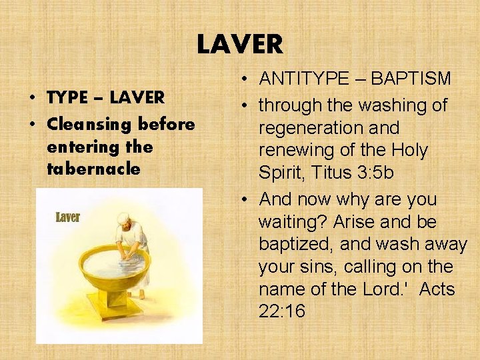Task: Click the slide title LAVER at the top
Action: click(239, 45)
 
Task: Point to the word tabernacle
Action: click(93, 169)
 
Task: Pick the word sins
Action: click(313, 267)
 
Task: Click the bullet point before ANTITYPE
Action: click(246, 79)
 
